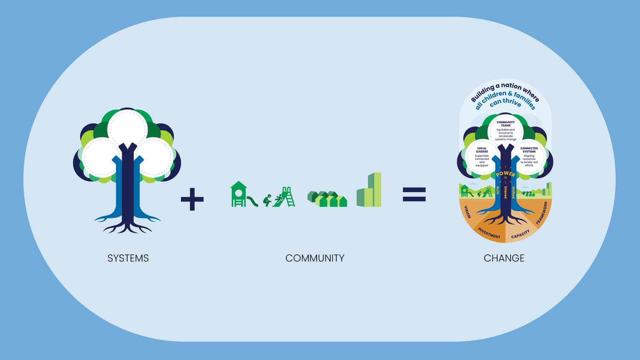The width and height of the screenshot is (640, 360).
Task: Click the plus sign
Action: (192, 199)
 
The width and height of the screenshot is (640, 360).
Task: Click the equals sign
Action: (414, 195)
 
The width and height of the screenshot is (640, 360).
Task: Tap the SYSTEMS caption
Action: (128, 258)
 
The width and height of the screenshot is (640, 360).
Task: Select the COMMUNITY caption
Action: (315, 258)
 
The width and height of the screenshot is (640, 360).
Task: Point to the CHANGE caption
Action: (504, 258)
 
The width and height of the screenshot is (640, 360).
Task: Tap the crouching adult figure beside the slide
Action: (268, 200)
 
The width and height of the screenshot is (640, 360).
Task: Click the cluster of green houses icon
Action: (327, 199)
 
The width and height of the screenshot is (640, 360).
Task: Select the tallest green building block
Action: (375, 189)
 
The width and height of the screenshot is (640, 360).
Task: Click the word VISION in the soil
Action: (467, 212)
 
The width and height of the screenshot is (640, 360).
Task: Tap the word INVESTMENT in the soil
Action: (489, 233)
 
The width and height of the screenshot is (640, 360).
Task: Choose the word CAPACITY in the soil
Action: (521, 234)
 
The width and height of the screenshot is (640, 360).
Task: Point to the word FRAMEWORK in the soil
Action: (541, 213)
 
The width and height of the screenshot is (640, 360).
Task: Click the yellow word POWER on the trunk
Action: (506, 174)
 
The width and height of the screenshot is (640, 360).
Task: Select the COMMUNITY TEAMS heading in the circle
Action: (506, 124)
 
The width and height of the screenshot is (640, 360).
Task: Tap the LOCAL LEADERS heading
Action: (482, 150)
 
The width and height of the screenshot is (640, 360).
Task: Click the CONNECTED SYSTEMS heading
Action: (529, 150)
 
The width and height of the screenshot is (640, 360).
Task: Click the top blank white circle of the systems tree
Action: (127, 128)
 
